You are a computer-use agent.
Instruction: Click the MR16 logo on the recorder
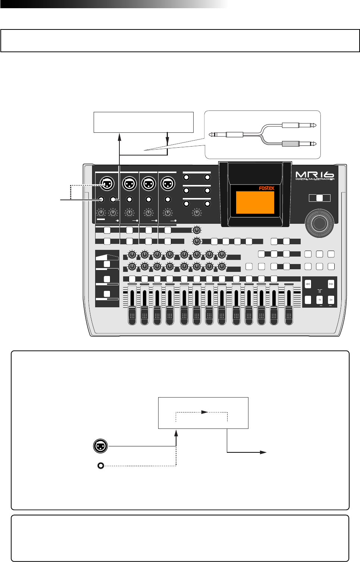[x=314, y=175]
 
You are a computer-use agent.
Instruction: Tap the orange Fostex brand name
[x=266, y=188]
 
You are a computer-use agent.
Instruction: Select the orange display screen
[x=255, y=202]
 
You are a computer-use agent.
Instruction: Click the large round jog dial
[x=319, y=223]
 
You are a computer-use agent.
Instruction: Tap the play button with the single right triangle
[x=331, y=299]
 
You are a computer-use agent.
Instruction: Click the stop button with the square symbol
[x=319, y=299]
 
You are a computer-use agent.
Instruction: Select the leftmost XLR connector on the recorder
[x=107, y=183]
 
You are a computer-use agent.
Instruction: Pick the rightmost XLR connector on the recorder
[x=168, y=183]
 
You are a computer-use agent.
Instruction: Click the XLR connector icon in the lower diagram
[x=100, y=446]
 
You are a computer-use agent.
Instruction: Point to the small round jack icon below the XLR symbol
[x=100, y=465]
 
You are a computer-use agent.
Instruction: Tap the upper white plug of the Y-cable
[x=295, y=125]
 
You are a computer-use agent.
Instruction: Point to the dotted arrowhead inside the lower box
[x=204, y=412]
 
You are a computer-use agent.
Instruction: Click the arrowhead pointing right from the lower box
[x=263, y=452]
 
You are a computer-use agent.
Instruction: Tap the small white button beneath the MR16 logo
[x=319, y=198]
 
